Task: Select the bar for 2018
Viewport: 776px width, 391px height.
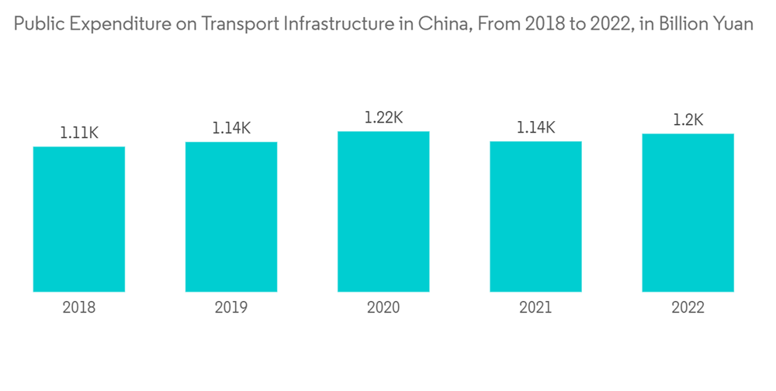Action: point(79,219)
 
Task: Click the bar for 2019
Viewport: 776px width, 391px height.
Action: point(231,216)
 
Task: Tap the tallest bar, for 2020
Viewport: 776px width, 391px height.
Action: point(383,211)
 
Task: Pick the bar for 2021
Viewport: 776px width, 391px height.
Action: point(535,216)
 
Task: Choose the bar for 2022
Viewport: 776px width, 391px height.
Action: point(688,213)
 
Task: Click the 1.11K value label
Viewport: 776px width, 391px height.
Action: point(79,133)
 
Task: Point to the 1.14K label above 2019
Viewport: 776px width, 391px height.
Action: point(231,128)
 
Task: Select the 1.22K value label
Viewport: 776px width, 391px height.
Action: point(383,118)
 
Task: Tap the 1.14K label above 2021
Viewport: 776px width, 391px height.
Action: point(535,127)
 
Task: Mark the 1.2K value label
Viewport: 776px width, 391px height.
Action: point(688,120)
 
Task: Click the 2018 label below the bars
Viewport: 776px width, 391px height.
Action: point(79,308)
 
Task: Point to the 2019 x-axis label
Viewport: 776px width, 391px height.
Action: point(231,308)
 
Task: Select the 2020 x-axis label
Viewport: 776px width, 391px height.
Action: point(383,308)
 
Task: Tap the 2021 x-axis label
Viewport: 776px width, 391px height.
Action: point(535,308)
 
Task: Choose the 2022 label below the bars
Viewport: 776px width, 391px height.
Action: point(688,308)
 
